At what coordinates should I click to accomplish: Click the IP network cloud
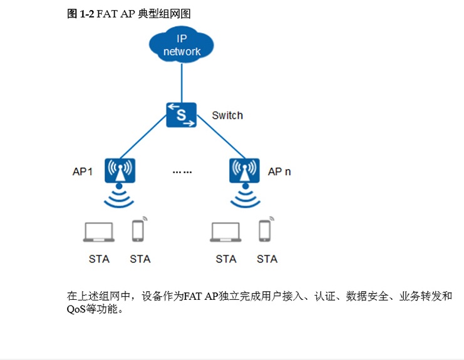tap(182, 44)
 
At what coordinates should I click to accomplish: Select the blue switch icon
tap(182, 115)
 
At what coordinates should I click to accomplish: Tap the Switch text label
tap(227, 116)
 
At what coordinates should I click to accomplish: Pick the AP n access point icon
tap(244, 170)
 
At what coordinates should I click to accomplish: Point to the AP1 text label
tap(83, 172)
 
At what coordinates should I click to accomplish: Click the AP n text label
tap(279, 172)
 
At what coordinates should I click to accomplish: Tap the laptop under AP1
tap(99, 232)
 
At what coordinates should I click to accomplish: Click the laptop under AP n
tap(225, 232)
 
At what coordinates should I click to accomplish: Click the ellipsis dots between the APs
tap(182, 172)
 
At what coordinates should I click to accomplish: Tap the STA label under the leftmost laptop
tap(99, 259)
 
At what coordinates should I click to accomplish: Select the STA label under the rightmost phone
tap(267, 259)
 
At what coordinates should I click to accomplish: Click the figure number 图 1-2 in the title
tap(80, 13)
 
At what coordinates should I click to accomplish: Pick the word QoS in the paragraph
tap(77, 309)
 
